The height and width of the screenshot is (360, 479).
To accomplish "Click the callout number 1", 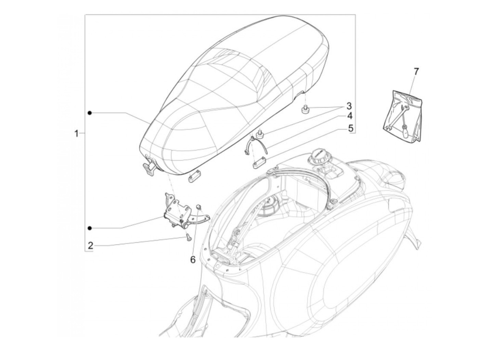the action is [x=77, y=133].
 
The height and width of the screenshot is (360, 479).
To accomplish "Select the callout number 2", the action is [x=90, y=245].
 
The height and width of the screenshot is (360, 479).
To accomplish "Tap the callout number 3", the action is [x=349, y=105].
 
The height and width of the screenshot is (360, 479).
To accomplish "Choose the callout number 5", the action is [x=350, y=128].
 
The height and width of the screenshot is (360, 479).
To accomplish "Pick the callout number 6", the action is [x=193, y=260].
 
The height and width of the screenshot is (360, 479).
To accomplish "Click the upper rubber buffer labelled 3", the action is [x=305, y=110].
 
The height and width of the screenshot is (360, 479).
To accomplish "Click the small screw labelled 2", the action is [x=188, y=237].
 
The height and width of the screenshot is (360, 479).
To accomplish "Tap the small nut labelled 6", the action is [x=199, y=206].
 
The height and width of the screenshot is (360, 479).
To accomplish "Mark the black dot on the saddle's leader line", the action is [x=90, y=113].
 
